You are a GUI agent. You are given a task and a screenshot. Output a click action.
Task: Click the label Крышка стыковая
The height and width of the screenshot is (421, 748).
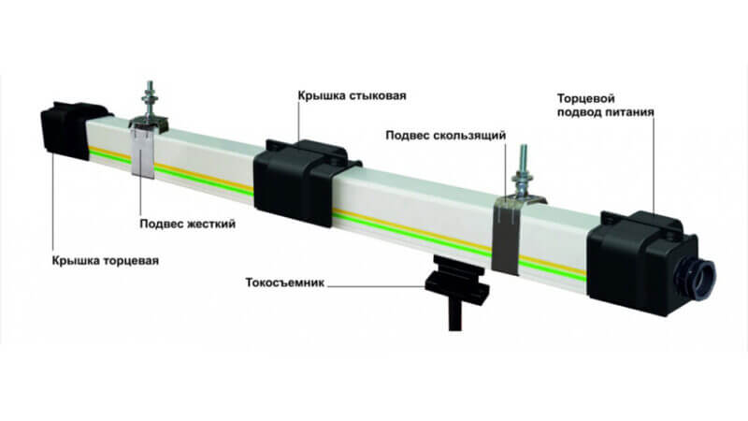point(352,95)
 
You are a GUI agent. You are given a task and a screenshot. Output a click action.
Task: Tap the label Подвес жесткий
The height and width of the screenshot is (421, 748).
point(188,224)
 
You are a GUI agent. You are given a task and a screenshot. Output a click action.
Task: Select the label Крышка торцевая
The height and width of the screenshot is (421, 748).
point(106,261)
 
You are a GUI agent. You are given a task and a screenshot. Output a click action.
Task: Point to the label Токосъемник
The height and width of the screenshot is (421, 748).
point(285,283)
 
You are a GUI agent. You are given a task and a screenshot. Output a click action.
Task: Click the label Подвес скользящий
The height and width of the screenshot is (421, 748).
point(446,136)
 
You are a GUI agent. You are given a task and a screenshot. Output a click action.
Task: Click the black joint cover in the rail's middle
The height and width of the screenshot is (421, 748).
point(301,181)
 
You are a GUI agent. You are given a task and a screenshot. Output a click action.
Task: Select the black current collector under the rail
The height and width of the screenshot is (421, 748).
point(457,282)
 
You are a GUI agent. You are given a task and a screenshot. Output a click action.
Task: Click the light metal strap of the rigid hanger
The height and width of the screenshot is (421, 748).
point(143,151)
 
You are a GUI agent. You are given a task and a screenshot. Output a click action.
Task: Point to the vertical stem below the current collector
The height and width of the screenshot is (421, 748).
point(455,317)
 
